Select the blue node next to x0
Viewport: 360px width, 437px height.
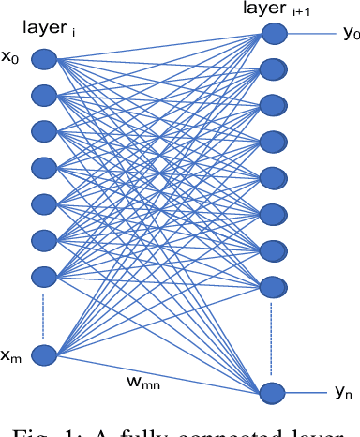tap(44, 60)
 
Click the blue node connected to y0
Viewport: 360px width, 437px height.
tap(273, 35)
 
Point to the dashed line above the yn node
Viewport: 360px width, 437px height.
tap(273, 338)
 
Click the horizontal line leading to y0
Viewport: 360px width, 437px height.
tap(309, 35)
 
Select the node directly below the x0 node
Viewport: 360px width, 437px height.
tap(44, 95)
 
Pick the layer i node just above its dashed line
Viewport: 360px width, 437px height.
tap(44, 277)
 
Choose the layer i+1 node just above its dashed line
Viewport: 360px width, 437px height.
tap(273, 283)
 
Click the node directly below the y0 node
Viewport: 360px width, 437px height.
tap(273, 69)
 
